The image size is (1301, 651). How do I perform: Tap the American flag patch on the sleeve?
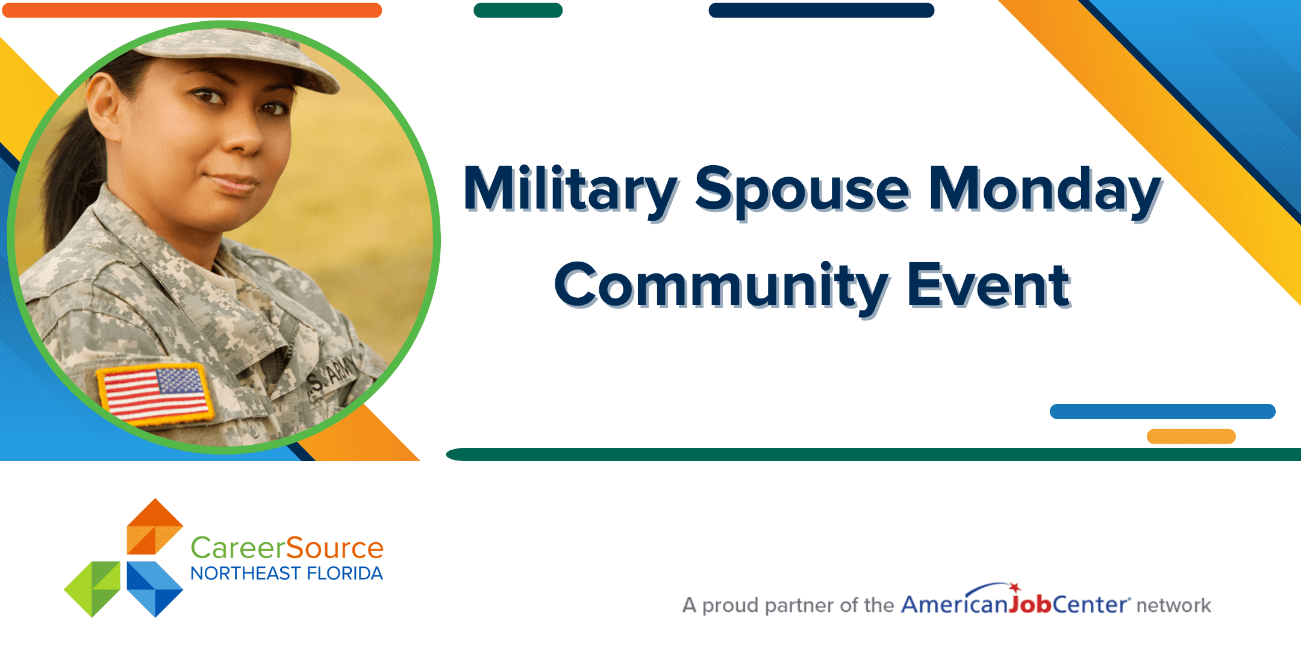click(156, 394)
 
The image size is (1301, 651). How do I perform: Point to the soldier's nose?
click(244, 136)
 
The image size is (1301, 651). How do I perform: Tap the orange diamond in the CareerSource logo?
click(155, 526)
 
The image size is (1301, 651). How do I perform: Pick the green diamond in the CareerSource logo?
click(92, 590)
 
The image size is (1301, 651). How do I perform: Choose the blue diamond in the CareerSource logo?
click(155, 590)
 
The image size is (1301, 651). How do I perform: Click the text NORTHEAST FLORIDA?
click(287, 573)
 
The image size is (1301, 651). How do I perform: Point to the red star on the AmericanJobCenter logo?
click(1015, 587)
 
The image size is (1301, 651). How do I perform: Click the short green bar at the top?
click(518, 10)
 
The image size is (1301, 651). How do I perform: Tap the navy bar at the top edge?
click(822, 10)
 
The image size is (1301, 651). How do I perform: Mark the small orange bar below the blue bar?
click(1191, 436)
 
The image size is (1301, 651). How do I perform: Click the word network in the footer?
click(1173, 605)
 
